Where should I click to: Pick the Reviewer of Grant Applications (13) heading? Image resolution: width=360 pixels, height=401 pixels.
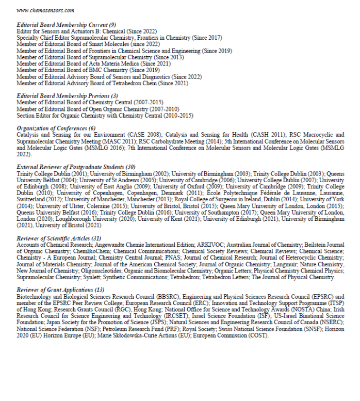[x=60, y=290]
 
